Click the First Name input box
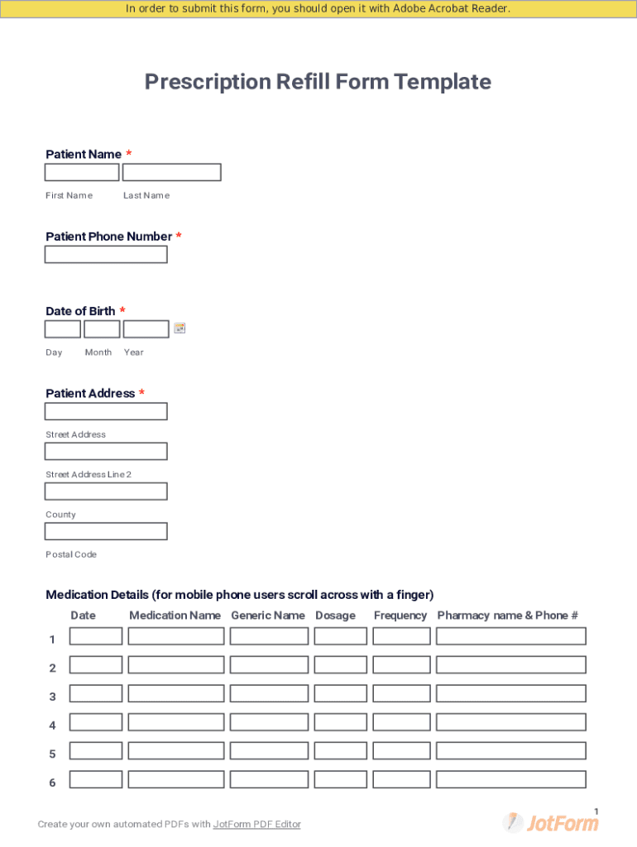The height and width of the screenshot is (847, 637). point(81,172)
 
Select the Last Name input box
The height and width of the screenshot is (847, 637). point(171,172)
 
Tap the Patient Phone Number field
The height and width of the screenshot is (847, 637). point(106,255)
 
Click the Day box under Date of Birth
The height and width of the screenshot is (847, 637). point(62,329)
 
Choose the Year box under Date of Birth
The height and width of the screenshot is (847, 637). point(146,329)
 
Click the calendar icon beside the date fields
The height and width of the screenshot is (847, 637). point(180,328)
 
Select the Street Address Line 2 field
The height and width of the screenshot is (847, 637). point(106,452)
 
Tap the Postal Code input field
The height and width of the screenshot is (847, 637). point(106,531)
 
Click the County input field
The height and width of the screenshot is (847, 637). point(106,491)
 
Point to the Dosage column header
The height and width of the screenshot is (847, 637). point(335,615)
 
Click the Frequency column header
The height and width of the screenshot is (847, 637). point(400,615)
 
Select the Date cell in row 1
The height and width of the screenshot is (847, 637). point(96,636)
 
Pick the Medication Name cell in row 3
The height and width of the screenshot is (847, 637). point(176,693)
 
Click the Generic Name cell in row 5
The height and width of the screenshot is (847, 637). point(269,751)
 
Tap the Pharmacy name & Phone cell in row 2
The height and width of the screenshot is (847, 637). point(510,665)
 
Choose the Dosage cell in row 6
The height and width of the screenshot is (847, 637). point(340,779)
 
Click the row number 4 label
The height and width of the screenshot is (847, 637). point(53,725)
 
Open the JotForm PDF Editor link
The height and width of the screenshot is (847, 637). point(256,824)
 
